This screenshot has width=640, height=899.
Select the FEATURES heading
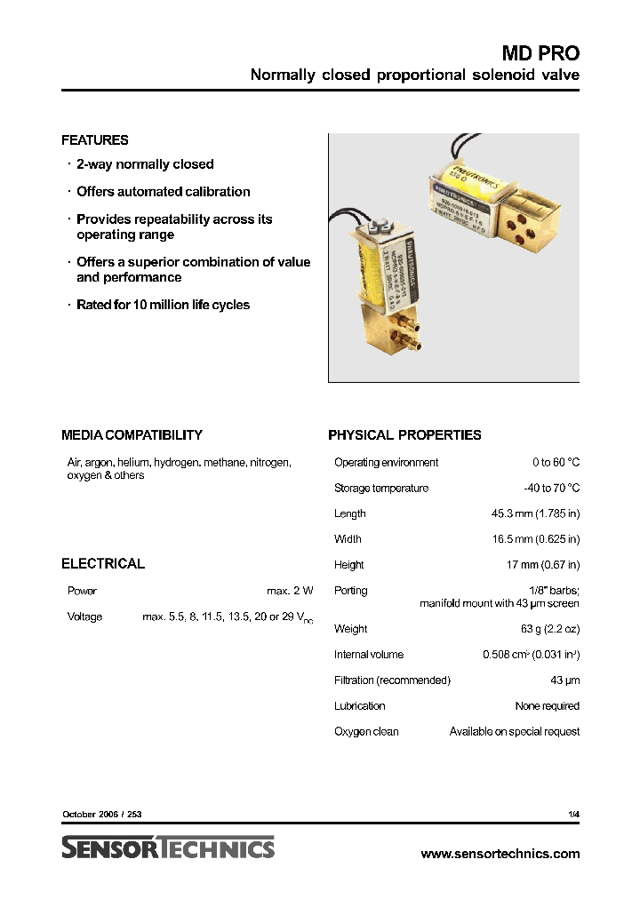[x=95, y=140]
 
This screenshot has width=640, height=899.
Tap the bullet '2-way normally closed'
[x=145, y=164]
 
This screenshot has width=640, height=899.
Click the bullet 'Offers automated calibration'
[x=163, y=192]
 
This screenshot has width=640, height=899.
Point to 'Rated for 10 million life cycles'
[x=163, y=305]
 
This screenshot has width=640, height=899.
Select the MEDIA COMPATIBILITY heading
[x=132, y=435]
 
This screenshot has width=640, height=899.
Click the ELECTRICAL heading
[x=103, y=564]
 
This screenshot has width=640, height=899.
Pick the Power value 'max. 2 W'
[x=290, y=591]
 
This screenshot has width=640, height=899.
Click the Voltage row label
[x=85, y=617]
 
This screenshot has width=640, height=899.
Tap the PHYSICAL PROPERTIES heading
[x=404, y=435]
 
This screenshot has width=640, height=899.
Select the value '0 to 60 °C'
[x=556, y=463]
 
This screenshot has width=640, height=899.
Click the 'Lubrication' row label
[x=360, y=706]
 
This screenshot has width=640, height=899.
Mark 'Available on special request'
[x=514, y=732]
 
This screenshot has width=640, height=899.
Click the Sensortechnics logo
[x=168, y=848]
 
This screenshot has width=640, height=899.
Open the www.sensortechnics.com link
[x=500, y=854]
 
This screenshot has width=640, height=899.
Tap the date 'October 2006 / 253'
[x=102, y=814]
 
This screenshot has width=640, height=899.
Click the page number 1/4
[x=573, y=814]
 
